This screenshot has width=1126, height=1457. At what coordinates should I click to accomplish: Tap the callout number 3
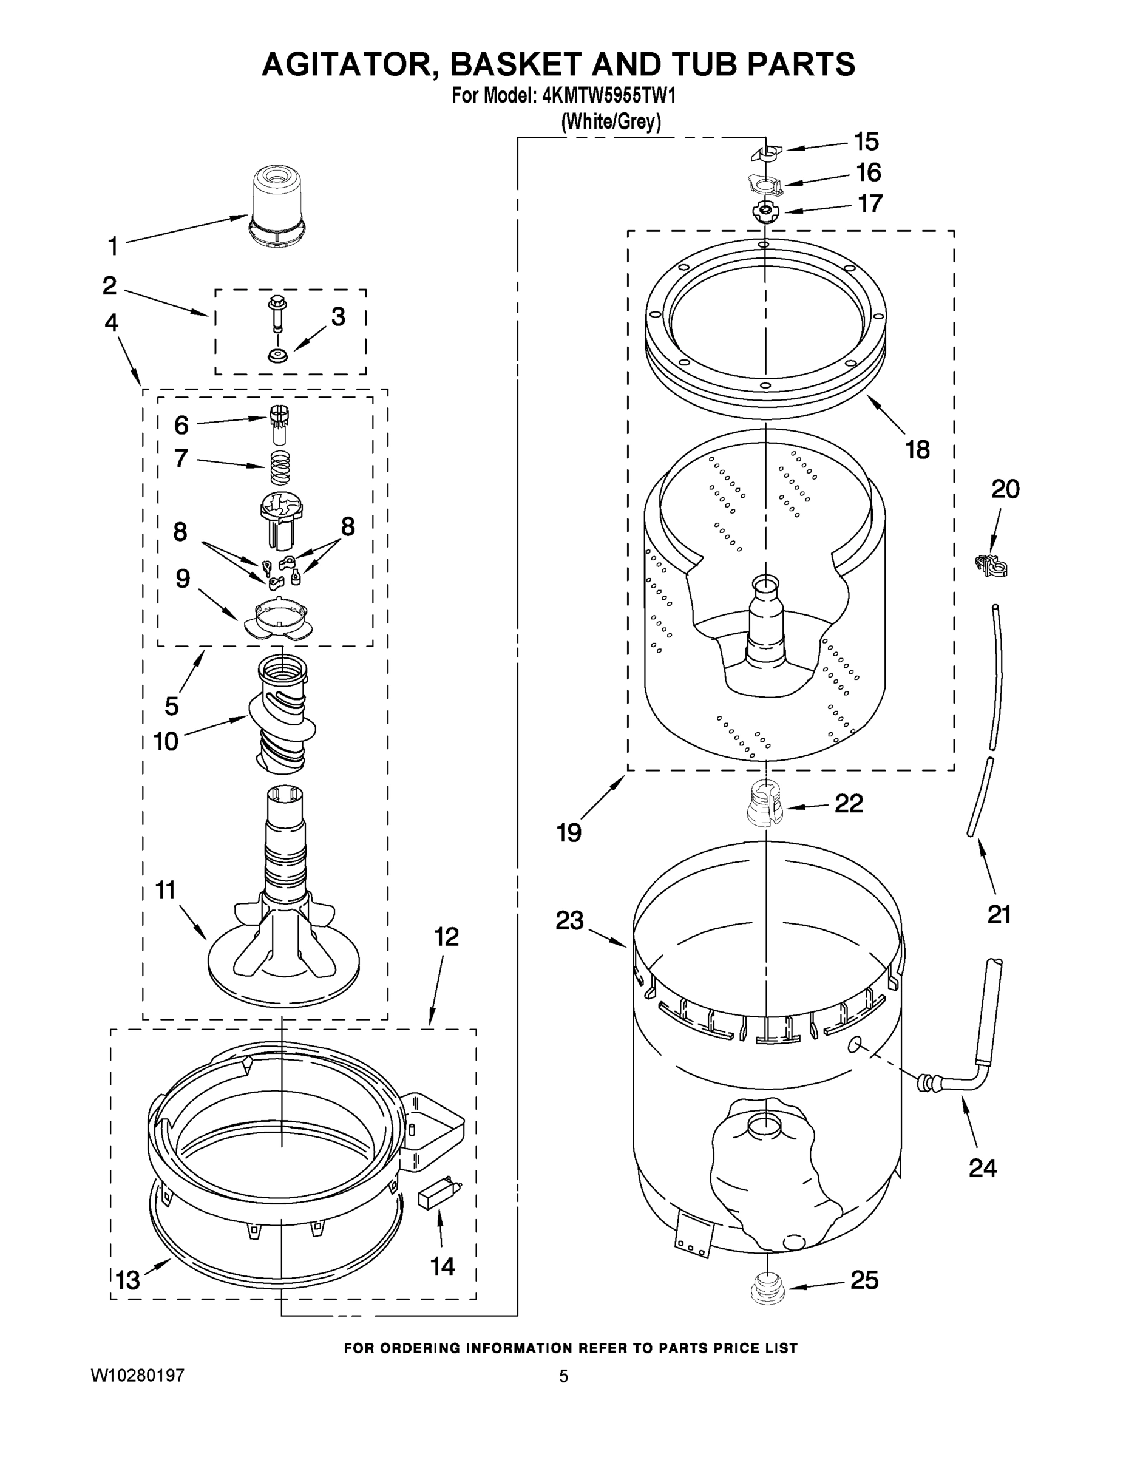338,317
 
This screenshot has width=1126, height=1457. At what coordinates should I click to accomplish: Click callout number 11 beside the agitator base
166,890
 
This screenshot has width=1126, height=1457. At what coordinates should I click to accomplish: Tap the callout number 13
127,1280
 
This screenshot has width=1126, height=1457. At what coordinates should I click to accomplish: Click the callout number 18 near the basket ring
917,450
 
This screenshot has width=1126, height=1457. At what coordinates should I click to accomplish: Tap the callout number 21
999,913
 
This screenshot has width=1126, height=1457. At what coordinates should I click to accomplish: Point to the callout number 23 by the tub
569,920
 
